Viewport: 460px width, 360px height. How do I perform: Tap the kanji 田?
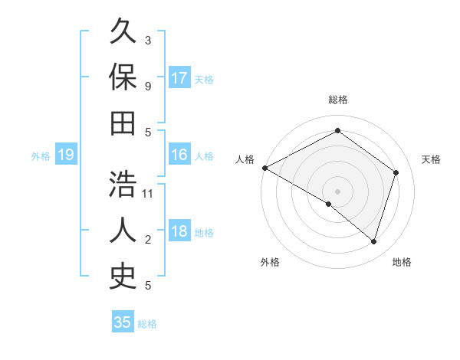click(x=123, y=123)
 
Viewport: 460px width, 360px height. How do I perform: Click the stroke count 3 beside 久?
click(x=148, y=40)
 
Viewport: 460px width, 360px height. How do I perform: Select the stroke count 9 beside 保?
click(x=148, y=86)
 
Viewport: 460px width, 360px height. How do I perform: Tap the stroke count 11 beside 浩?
click(x=148, y=193)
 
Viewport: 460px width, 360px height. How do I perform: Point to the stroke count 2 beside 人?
click(x=148, y=240)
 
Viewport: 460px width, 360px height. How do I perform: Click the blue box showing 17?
click(x=179, y=78)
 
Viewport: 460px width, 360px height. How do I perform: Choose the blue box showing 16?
click(x=179, y=155)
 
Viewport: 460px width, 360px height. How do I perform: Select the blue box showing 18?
click(x=179, y=232)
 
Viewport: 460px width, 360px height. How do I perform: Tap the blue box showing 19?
click(x=65, y=155)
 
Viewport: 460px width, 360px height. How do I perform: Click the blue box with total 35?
click(x=123, y=322)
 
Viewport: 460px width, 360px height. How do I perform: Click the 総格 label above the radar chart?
click(x=338, y=100)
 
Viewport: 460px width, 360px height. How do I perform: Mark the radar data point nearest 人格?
click(x=264, y=168)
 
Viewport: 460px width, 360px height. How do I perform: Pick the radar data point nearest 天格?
click(x=396, y=172)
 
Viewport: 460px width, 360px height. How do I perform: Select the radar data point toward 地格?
click(x=373, y=241)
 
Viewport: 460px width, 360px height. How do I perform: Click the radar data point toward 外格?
click(x=329, y=204)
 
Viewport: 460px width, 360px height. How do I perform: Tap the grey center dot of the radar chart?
click(x=338, y=191)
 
